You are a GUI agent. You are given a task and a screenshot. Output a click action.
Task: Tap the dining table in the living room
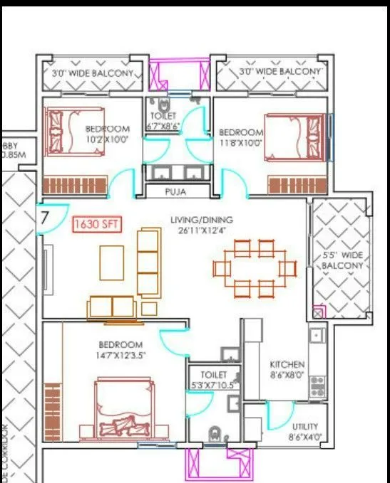[255, 268]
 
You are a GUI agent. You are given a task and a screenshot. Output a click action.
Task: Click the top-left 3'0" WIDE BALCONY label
[92, 73]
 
